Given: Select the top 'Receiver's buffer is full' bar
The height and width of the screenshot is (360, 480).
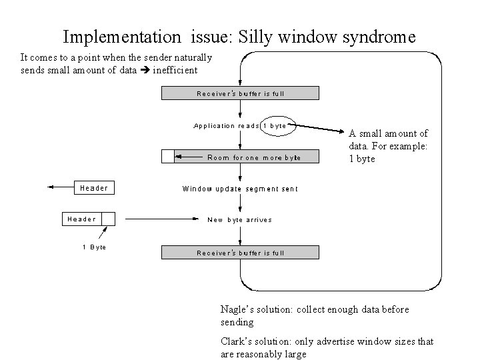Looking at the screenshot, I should [x=240, y=93].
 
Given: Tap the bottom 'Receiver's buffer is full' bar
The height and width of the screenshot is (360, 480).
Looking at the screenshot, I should [x=240, y=253].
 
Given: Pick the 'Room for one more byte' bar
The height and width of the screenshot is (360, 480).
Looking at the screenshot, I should [x=247, y=157].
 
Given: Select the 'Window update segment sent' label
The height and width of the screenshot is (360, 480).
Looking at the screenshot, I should [x=240, y=189].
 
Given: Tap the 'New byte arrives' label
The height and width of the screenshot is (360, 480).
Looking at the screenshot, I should [x=239, y=219].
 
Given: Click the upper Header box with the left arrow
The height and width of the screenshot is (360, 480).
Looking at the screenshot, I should [x=93, y=188].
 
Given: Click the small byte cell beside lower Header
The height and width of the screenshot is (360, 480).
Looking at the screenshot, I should [x=108, y=219].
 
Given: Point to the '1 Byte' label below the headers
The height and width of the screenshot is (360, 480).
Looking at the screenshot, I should [x=94, y=247].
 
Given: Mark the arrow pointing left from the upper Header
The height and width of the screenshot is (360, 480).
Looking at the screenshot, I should [x=60, y=188].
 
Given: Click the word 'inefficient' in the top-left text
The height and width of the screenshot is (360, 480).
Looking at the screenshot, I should [x=175, y=69].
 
